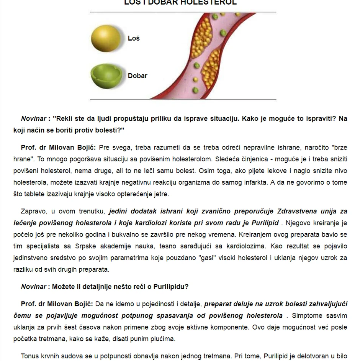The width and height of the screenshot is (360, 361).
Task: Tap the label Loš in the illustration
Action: (134, 38)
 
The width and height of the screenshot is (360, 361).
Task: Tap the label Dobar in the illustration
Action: (137, 76)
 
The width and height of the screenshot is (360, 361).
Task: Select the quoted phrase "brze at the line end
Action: (339, 147)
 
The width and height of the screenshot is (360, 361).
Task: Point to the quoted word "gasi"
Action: (209, 258)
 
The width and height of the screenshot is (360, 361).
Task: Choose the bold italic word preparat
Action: (218, 304)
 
